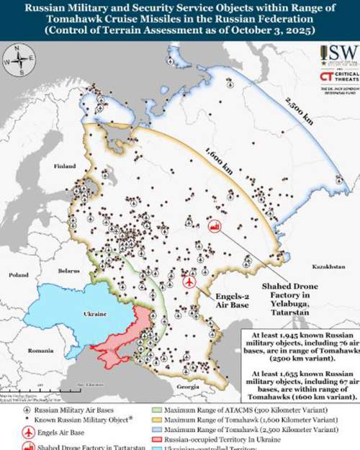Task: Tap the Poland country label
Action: coord(18,275)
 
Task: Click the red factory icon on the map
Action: coord(214,225)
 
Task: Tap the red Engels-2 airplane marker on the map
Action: coord(189,282)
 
